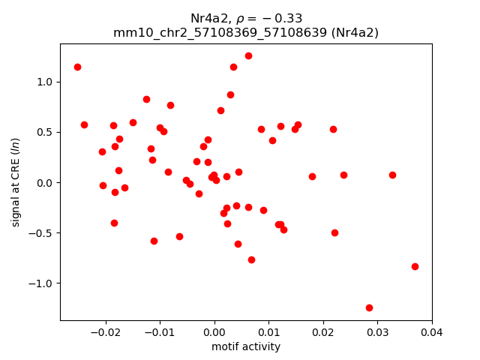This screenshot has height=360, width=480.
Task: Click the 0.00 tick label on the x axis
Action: tap(214, 331)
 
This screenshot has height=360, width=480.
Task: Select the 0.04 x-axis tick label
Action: tap(431, 331)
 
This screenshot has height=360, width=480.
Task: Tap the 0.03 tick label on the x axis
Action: tap(377, 331)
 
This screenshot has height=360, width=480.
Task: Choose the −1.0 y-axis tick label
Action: tap(43, 283)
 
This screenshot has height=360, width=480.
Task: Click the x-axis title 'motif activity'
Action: tap(246, 346)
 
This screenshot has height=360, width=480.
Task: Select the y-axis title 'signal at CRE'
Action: tap(16, 182)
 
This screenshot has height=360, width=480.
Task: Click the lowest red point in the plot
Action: tap(369, 307)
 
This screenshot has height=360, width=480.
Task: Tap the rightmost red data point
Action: tap(415, 266)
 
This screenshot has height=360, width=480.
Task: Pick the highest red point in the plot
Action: tap(248, 55)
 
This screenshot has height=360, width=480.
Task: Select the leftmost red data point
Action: tap(77, 67)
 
